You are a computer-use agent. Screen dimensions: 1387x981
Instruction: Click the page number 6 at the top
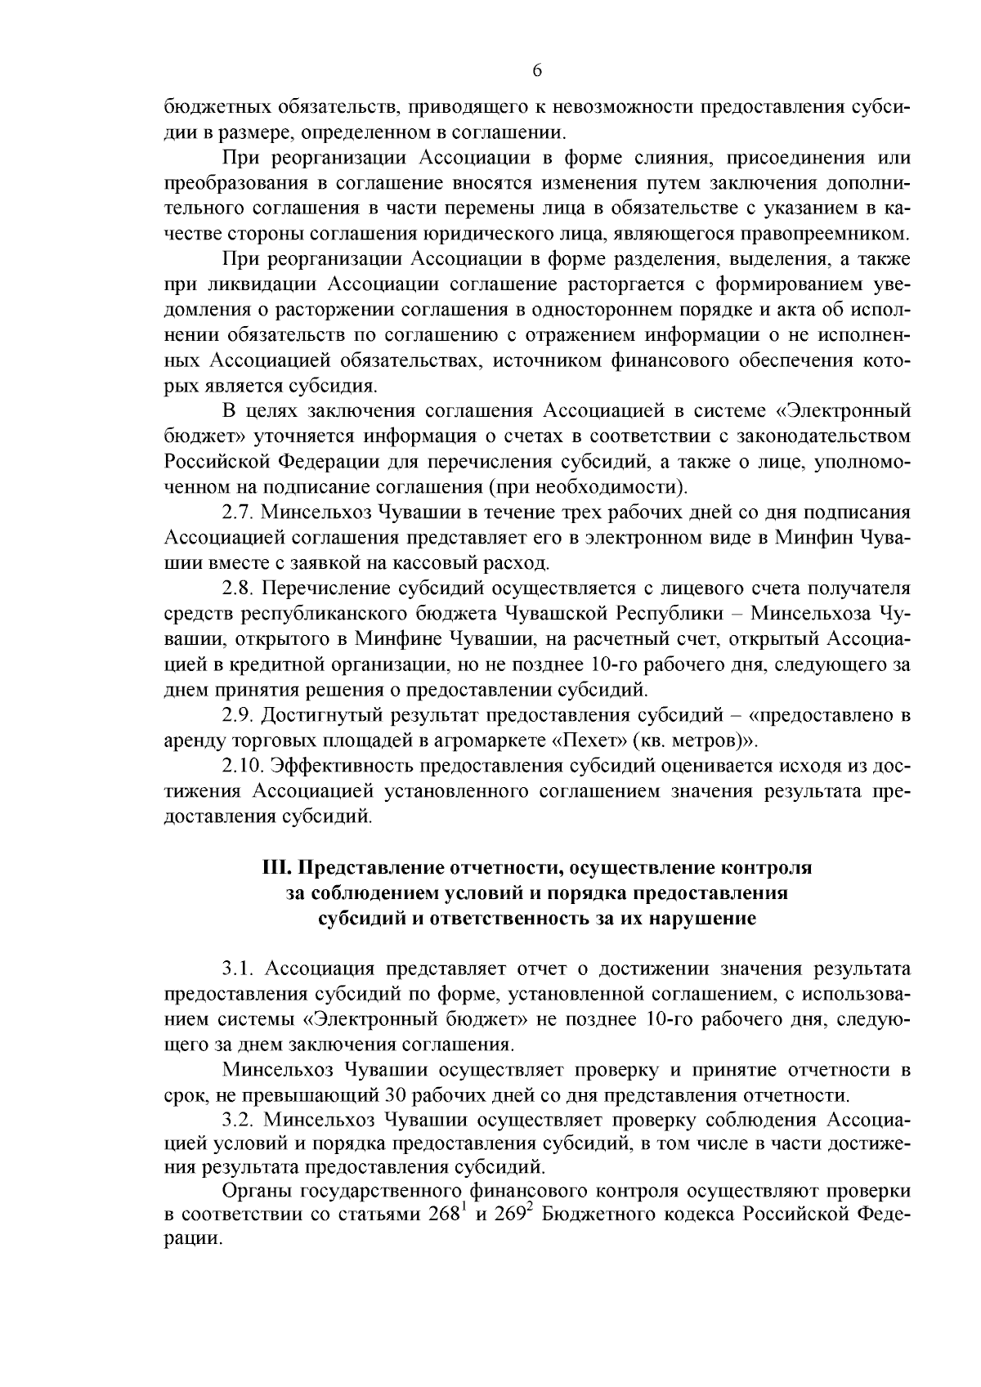coord(536,71)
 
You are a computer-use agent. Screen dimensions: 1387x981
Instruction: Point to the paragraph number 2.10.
coord(243,766)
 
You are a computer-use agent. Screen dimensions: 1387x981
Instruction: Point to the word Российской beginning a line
coord(218,462)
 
